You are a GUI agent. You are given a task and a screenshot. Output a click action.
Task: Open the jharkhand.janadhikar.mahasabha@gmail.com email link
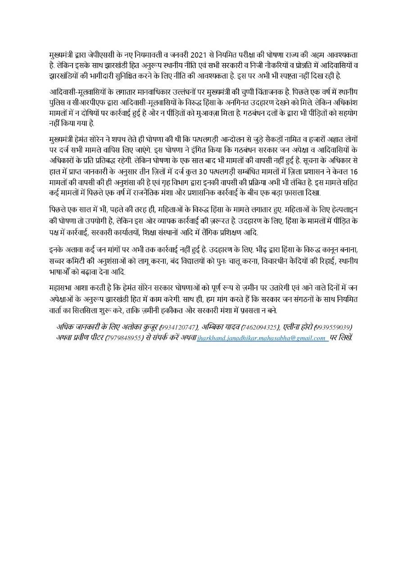(262, 338)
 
